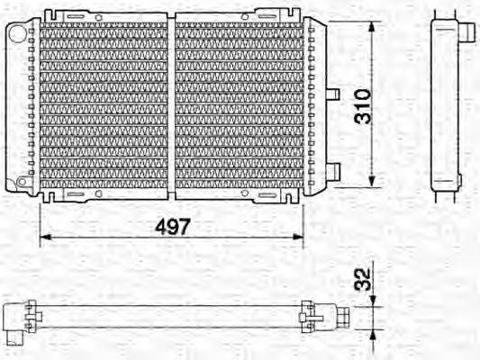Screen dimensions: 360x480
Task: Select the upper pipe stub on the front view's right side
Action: coord(331,94)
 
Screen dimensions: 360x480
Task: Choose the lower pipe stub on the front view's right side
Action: coord(332,169)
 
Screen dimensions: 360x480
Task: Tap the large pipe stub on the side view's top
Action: coord(470,31)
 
